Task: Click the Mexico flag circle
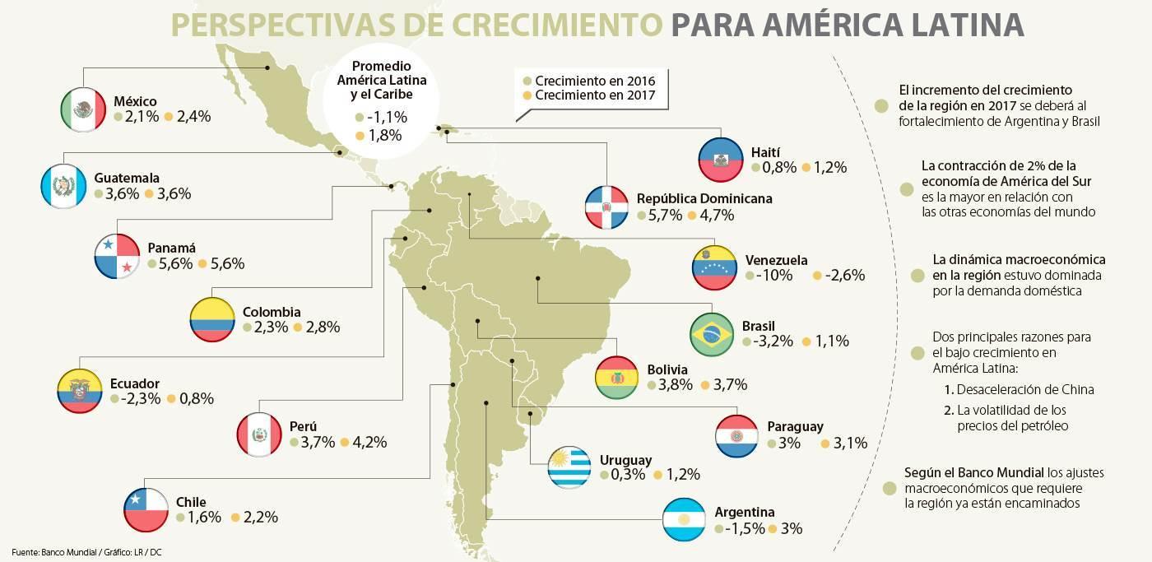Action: coord(83,109)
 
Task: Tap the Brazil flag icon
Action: coord(712,334)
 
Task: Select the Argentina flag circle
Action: coord(684,519)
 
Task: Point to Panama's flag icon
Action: coord(117,256)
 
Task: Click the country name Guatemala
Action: coord(127,178)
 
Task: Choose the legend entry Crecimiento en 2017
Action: coord(595,95)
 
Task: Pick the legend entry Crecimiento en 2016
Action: coord(595,81)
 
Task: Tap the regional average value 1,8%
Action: coord(385,135)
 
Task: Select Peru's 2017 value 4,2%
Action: coord(369,442)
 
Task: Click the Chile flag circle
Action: coord(146,509)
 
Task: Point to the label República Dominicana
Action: coord(704,198)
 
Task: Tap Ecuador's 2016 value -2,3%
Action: coord(141,398)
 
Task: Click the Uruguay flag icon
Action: coord(569,467)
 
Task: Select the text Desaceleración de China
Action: coord(1025,389)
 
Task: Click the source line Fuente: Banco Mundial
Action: coord(54,552)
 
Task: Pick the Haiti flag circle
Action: coord(721,160)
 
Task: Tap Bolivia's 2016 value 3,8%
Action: coord(676,384)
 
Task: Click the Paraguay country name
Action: coord(795,426)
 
